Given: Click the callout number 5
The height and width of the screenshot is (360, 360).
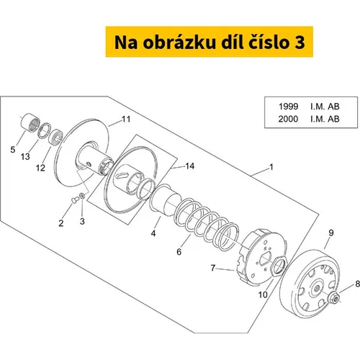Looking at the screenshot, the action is click(13, 150).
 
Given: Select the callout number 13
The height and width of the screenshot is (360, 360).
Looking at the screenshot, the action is click(25, 157).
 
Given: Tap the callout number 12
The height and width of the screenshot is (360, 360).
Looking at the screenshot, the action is click(40, 168).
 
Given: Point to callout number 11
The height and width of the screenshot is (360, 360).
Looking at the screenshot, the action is click(126, 119).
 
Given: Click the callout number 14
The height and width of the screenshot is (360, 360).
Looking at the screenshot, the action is click(190, 166).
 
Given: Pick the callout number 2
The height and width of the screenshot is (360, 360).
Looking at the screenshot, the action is click(61, 223).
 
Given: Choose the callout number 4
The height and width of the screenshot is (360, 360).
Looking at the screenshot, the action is click(153, 233).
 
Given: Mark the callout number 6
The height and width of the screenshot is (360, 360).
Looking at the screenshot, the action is click(179, 252).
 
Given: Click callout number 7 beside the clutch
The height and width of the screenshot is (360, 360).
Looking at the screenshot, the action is click(213, 268).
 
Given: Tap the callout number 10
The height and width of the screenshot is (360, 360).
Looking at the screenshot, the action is click(263, 294).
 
